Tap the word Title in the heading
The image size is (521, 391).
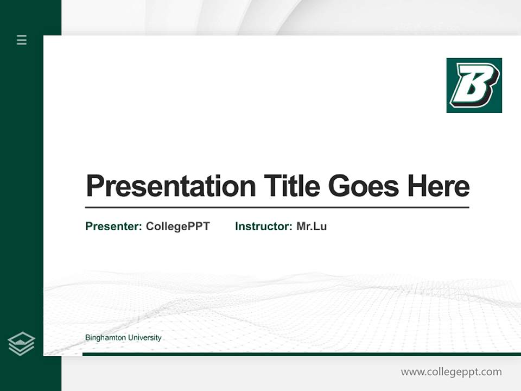click(x=292, y=186)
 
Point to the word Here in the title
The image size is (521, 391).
click(x=439, y=186)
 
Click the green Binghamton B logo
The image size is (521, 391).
click(x=474, y=85)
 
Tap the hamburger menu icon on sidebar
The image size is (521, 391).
click(x=22, y=40)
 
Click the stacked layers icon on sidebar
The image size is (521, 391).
click(x=21, y=344)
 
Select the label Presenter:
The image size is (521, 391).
click(x=113, y=226)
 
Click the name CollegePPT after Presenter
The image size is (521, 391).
click(x=177, y=226)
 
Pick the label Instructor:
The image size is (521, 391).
click(x=263, y=226)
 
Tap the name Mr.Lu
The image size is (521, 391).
click(x=312, y=226)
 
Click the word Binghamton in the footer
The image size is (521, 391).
click(x=105, y=338)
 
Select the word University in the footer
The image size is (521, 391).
click(x=144, y=338)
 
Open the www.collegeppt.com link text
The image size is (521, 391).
click(x=451, y=372)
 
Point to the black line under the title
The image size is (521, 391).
click(x=277, y=207)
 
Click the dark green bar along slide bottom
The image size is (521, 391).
click(x=301, y=354)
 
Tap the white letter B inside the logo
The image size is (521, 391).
click(x=473, y=85)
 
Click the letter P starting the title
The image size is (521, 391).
click(x=95, y=186)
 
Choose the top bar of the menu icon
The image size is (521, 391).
click(x=22, y=36)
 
